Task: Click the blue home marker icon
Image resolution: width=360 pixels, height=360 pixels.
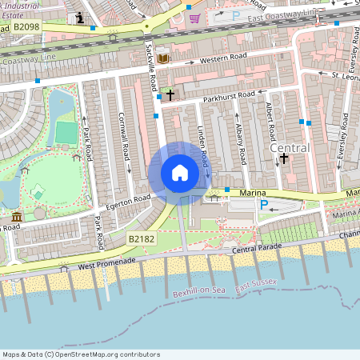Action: tap(180, 172)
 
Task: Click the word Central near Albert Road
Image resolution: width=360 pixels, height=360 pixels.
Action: tap(289, 149)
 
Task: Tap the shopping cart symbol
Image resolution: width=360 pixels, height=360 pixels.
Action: tap(195, 17)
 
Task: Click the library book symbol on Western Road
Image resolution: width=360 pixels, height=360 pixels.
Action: tap(163, 58)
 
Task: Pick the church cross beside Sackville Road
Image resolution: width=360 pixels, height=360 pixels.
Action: tap(170, 95)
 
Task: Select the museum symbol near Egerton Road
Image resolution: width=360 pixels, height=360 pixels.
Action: tap(17, 217)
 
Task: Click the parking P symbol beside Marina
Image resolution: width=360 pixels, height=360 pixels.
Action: tap(263, 205)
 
